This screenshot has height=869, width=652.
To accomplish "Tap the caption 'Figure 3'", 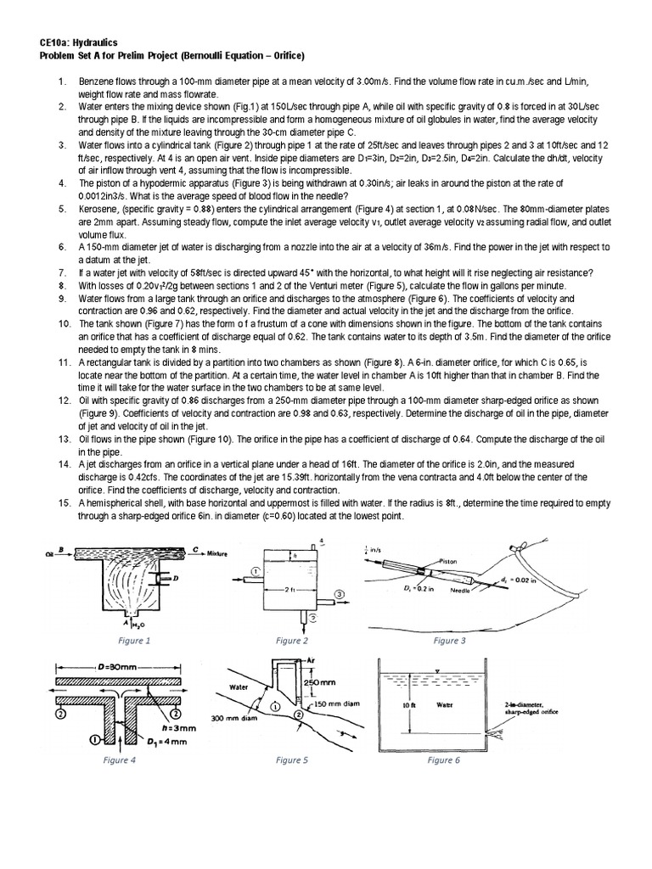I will point(450,641).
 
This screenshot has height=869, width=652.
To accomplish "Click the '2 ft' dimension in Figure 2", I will point(289,588).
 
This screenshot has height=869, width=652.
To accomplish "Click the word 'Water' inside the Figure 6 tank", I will point(445,704).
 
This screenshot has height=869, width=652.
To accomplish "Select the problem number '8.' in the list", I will point(62,286).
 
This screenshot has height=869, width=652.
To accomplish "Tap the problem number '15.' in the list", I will point(64,503).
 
